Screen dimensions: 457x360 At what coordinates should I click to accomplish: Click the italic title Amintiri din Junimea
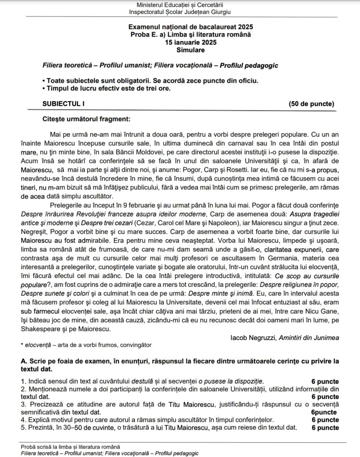(x=309, y=338)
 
